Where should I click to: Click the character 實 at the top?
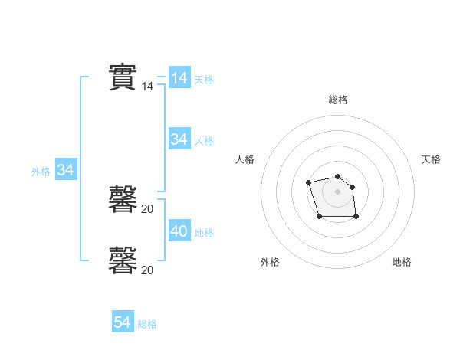[123, 77]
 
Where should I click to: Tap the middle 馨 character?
[123, 199]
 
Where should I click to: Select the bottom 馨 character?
[123, 260]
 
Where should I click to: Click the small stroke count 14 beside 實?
[148, 87]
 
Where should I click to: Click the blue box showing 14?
[179, 78]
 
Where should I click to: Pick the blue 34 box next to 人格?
[179, 139]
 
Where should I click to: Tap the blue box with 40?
[179, 231]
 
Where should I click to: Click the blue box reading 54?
[123, 322]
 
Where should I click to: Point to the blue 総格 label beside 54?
[148, 324]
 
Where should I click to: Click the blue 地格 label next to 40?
[204, 233]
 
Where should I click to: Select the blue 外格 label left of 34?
[41, 172]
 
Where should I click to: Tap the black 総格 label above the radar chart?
[338, 100]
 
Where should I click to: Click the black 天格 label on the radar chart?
[431, 159]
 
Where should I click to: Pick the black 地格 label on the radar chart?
[402, 263]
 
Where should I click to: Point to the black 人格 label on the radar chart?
[245, 159]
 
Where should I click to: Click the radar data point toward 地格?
[356, 217]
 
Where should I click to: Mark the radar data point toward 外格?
[319, 217]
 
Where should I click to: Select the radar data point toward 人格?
[308, 182]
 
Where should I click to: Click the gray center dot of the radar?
[338, 191]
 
